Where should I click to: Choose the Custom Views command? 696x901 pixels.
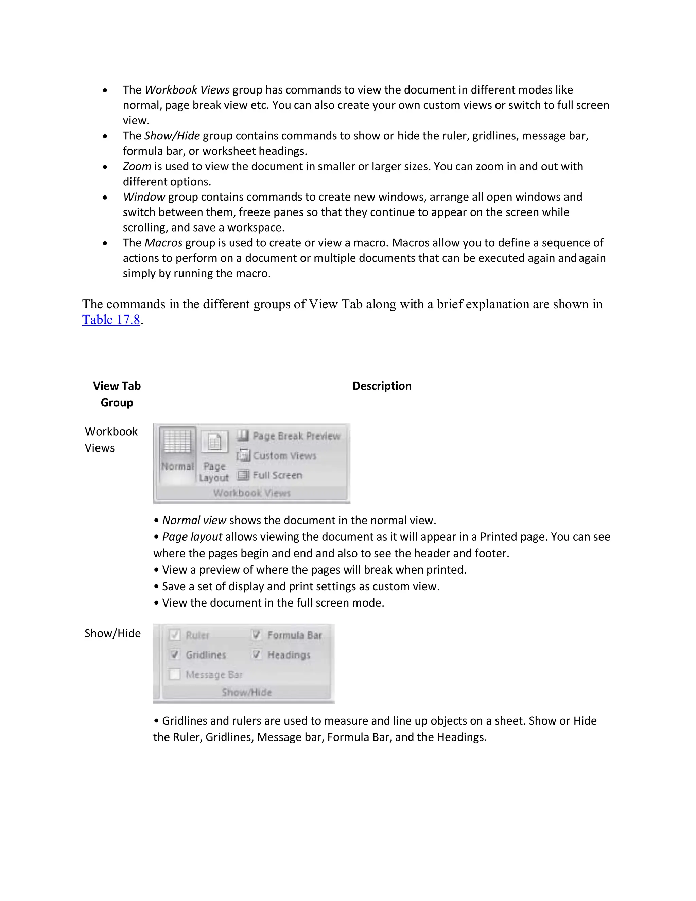tap(277, 456)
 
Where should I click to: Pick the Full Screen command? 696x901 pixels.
tap(270, 475)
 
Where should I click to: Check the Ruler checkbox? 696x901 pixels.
tap(175, 635)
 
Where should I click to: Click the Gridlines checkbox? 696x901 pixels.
tap(175, 655)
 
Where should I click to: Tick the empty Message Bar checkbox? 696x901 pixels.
tap(175, 675)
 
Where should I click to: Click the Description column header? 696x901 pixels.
tap(382, 386)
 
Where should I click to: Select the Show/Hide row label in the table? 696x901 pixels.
tap(112, 633)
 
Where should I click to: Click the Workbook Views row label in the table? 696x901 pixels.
tap(111, 439)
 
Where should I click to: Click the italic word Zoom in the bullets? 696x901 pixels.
tap(137, 166)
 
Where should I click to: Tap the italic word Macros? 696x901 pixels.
tap(163, 242)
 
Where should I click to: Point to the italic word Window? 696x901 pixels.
tap(144, 197)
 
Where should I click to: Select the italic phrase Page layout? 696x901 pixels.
tap(192, 537)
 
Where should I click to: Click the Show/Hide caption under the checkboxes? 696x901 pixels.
tap(247, 692)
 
